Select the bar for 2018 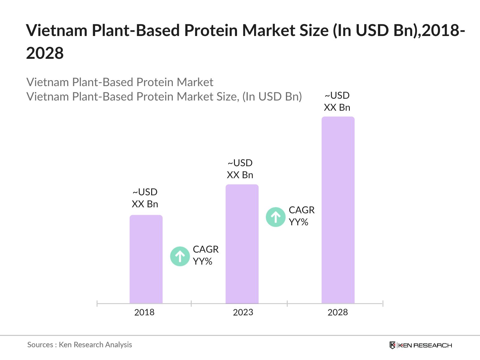click(x=146, y=259)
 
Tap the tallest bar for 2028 click(x=338, y=210)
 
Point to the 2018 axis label click(x=144, y=312)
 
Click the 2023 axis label click(x=243, y=312)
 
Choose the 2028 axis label click(x=337, y=312)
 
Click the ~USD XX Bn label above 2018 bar click(x=145, y=198)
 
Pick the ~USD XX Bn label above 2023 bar click(x=240, y=169)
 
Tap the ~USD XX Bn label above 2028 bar click(x=337, y=101)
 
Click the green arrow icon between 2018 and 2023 click(x=180, y=256)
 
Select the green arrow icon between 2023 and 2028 click(x=275, y=217)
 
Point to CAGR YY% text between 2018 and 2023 click(x=205, y=255)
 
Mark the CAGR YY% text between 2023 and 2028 click(x=301, y=216)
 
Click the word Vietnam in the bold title click(x=57, y=30)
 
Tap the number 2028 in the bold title click(x=45, y=53)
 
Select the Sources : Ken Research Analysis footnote click(x=79, y=345)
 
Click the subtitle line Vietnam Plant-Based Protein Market click(x=120, y=82)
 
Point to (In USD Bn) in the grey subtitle click(x=272, y=97)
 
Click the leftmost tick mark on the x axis click(x=97, y=304)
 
